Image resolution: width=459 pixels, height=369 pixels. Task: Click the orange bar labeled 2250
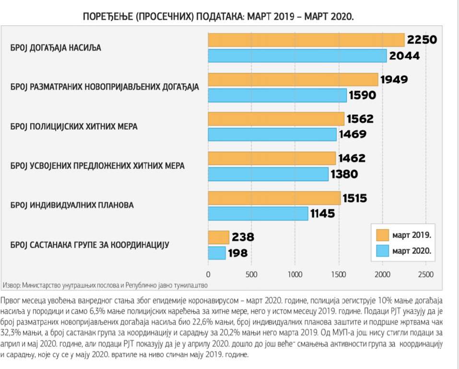306,40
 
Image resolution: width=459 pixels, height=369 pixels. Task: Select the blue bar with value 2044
297,56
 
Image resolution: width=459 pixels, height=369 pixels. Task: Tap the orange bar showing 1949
293,79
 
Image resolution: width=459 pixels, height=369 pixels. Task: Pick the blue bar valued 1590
277,95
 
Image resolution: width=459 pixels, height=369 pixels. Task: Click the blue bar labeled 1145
258,213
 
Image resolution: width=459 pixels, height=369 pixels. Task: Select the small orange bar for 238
219,237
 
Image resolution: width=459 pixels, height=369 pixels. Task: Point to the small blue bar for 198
217,253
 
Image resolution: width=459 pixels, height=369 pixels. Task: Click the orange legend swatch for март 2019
382,236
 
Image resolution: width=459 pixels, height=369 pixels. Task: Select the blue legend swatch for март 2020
382,250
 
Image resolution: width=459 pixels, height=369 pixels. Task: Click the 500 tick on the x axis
252,275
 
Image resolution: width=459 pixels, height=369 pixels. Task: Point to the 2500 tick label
425,275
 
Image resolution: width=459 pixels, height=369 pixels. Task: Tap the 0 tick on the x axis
208,275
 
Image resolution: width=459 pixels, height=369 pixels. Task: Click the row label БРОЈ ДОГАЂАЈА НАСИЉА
56,48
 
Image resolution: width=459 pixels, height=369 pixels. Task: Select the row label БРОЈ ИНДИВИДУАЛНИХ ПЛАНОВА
71,205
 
